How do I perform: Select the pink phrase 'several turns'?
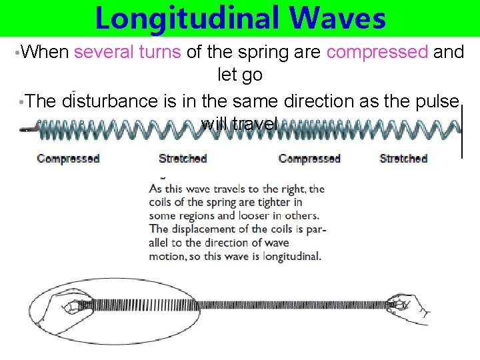coord(127,53)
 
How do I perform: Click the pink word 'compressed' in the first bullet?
coord(377,53)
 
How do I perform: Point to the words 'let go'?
coord(240,75)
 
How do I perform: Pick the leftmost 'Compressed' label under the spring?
coord(68,159)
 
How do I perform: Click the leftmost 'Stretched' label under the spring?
coord(183,159)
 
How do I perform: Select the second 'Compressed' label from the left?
coord(309,159)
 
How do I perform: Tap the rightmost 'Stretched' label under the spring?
coord(403,159)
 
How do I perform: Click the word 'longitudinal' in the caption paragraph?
coord(292,255)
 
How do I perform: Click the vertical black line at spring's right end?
coord(462,133)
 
